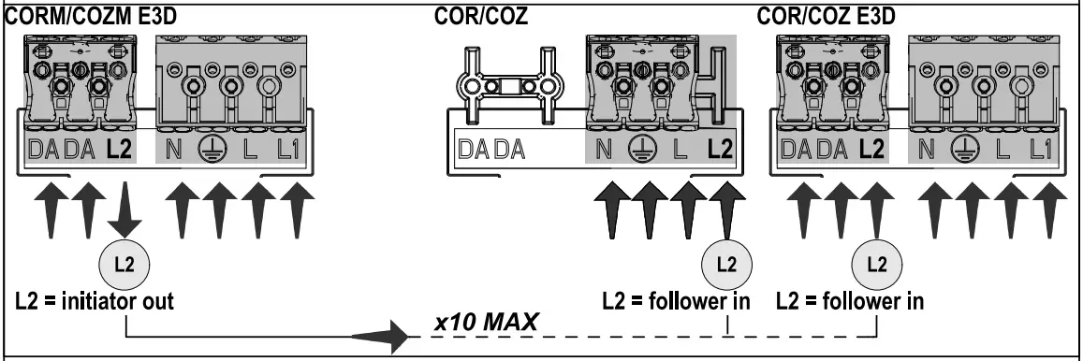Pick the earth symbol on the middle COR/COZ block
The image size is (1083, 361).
[x=640, y=148]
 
